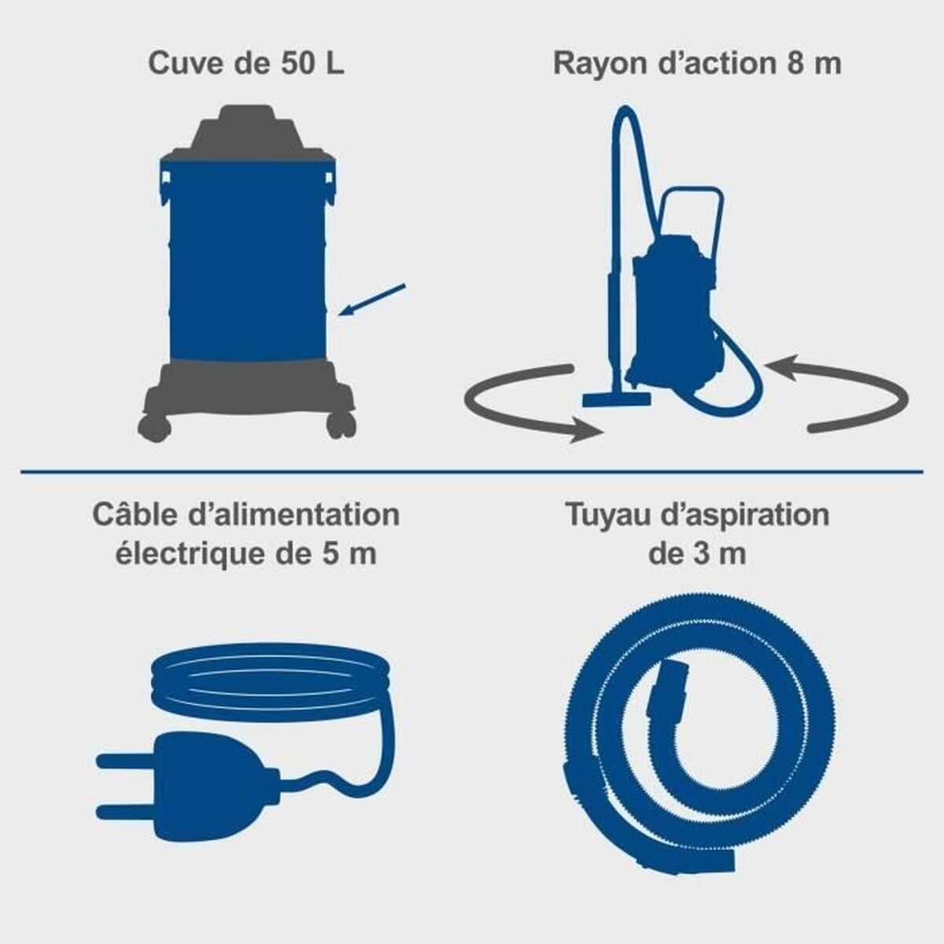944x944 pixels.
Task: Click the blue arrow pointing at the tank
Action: [x=374, y=298]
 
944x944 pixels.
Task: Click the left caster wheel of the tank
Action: [x=153, y=426]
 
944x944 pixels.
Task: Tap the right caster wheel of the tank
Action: [x=341, y=426]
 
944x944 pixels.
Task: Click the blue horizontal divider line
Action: [x=472, y=472]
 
